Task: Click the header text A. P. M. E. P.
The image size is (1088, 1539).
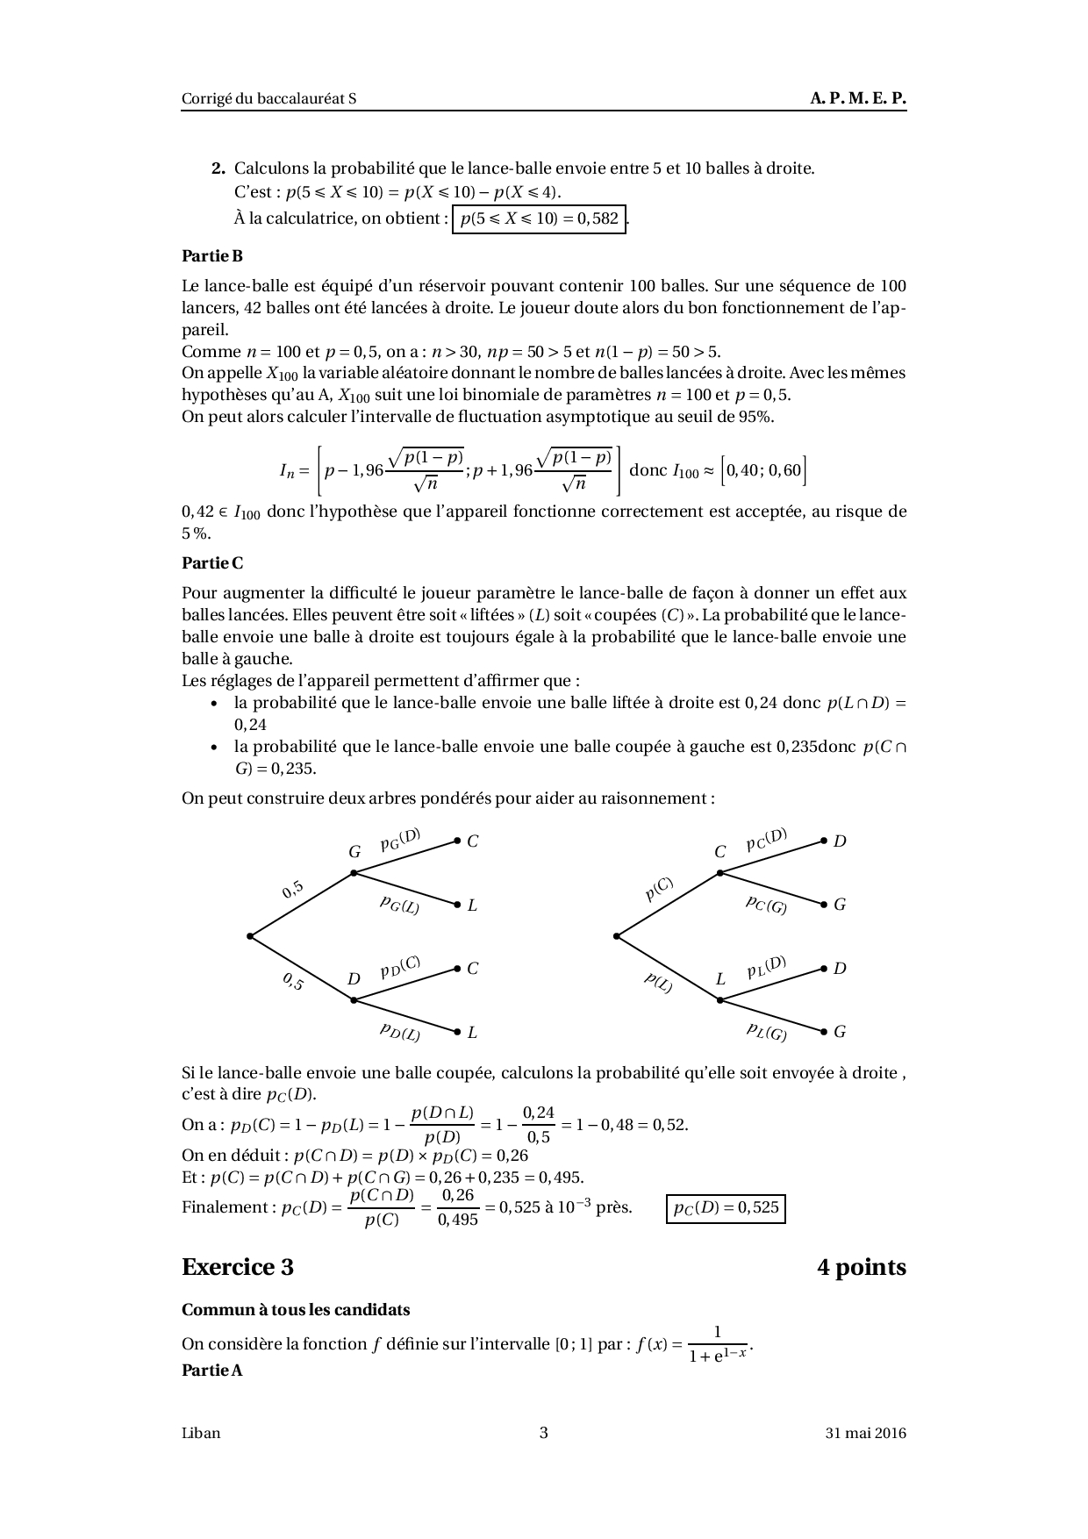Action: tap(857, 99)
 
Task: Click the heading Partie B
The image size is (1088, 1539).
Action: tap(212, 256)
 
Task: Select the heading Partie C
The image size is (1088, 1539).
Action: tap(212, 563)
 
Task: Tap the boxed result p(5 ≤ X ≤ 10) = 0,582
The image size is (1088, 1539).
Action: tap(540, 218)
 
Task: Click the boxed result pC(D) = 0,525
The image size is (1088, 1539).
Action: tap(726, 1208)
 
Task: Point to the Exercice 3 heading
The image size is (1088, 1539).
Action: tap(238, 1267)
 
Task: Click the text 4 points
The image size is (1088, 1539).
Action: tap(861, 1267)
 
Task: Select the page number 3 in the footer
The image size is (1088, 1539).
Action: tap(544, 1433)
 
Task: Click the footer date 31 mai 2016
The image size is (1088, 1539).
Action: tap(865, 1434)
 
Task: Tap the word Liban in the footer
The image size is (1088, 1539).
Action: tap(201, 1434)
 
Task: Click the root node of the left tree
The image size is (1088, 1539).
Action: tap(251, 936)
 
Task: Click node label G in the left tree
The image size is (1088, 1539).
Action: tap(354, 851)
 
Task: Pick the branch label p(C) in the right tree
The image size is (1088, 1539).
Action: tap(658, 890)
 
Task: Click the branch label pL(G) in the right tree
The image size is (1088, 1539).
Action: tap(766, 1031)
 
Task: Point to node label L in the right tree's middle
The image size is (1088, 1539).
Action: tap(720, 979)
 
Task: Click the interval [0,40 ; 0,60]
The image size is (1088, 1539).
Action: tap(763, 470)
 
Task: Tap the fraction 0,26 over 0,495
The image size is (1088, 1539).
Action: tap(458, 1207)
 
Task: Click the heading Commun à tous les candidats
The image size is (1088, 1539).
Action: tap(296, 1310)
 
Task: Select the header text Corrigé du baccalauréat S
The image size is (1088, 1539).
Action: tap(269, 99)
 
